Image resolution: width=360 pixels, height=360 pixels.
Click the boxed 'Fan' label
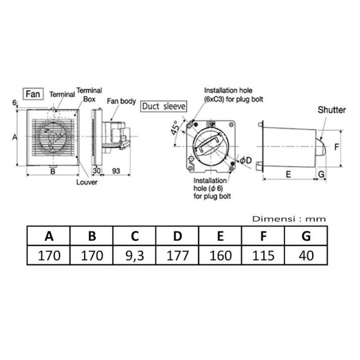pyautogui.click(x=33, y=94)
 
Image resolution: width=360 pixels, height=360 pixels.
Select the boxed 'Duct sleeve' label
pyautogui.click(x=164, y=106)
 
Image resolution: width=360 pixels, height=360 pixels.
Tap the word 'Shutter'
pyautogui.click(x=332, y=110)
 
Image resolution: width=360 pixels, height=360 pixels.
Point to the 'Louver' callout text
pyautogui.click(x=87, y=182)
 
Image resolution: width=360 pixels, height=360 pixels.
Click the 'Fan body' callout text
pyautogui.click(x=121, y=101)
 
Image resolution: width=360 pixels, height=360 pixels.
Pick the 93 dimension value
pyautogui.click(x=116, y=171)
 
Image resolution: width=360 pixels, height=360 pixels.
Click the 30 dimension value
pyautogui.click(x=97, y=171)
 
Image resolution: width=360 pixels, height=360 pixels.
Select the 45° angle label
pyautogui.click(x=175, y=128)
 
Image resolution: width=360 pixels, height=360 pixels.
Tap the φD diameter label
pyautogui.click(x=246, y=160)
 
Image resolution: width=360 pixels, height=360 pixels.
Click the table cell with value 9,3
pyautogui.click(x=135, y=255)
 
